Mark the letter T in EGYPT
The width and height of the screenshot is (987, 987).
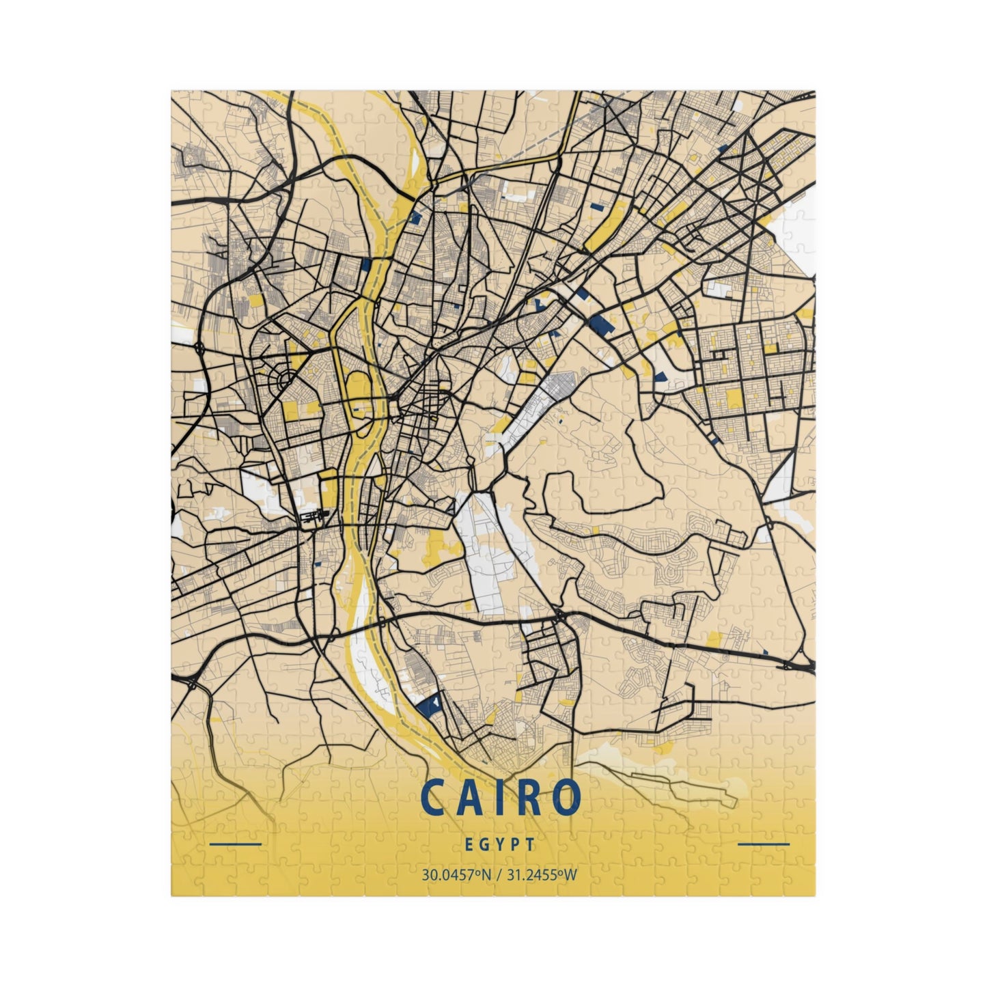[531, 844]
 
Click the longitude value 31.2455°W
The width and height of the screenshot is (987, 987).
[540, 874]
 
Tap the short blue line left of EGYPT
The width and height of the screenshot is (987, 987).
[236, 844]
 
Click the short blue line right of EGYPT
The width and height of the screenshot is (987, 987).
[764, 844]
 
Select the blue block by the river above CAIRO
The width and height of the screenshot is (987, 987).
[428, 705]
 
